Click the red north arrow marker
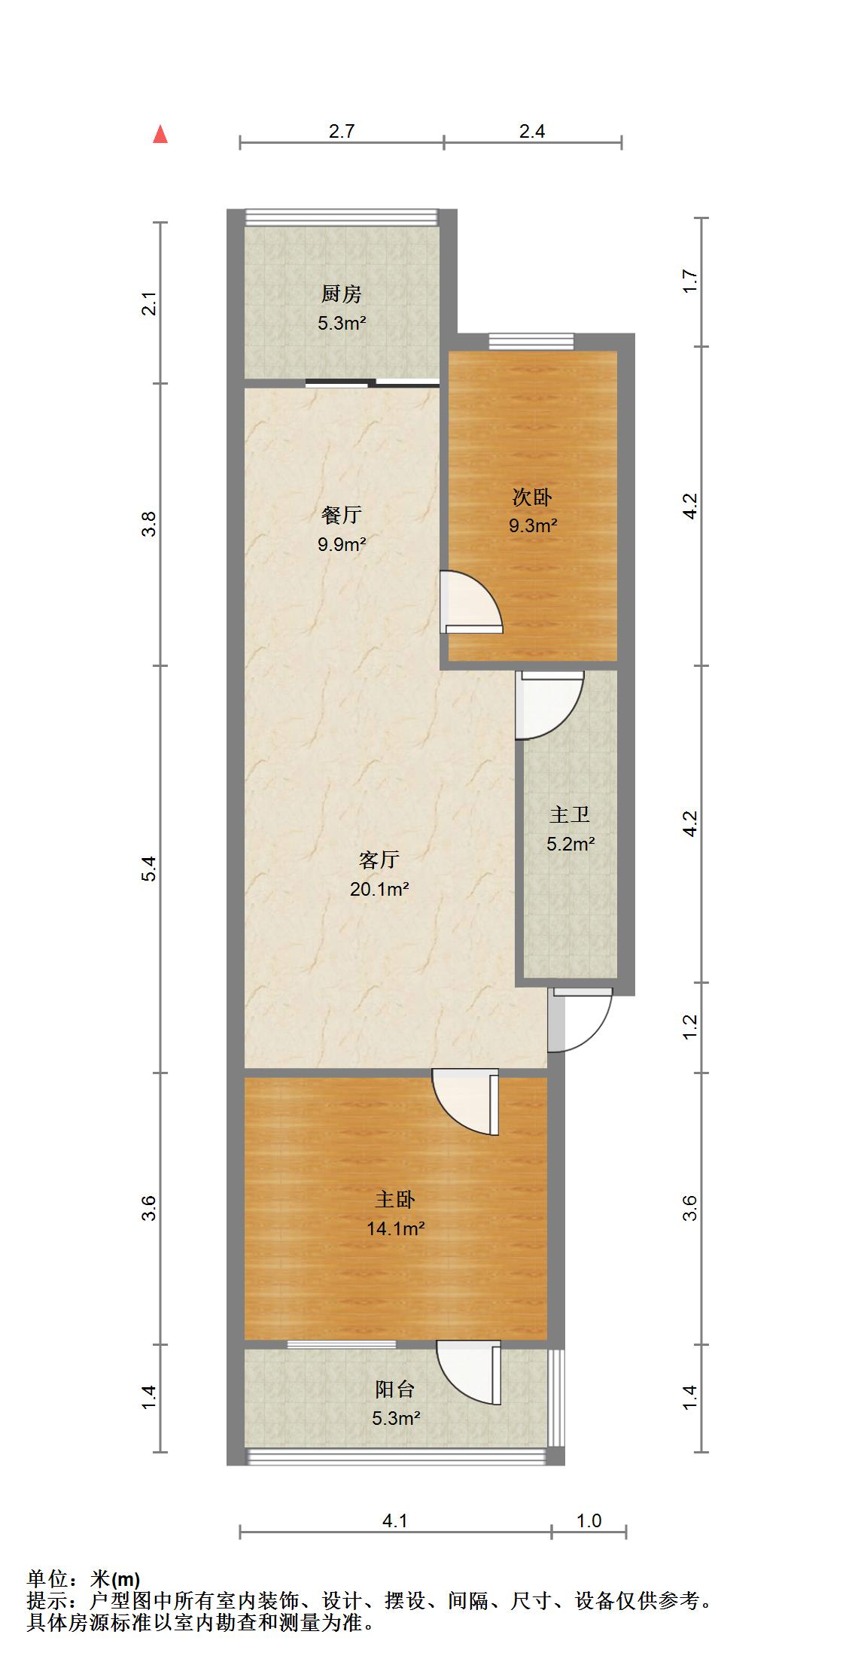(160, 135)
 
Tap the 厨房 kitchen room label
(342, 294)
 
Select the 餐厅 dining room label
(342, 516)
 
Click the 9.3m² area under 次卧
(533, 526)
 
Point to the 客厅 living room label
(379, 860)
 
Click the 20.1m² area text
(379, 890)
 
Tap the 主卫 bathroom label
(570, 814)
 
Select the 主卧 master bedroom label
(396, 1199)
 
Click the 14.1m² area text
(396, 1229)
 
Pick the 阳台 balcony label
(396, 1389)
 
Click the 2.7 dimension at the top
(342, 131)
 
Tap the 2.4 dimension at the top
(532, 131)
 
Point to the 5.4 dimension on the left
(150, 869)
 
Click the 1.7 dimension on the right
(691, 282)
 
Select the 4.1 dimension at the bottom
(395, 1521)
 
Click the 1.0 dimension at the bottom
(589, 1521)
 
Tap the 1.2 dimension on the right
(691, 1027)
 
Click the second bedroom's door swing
(470, 602)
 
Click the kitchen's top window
(342, 216)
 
